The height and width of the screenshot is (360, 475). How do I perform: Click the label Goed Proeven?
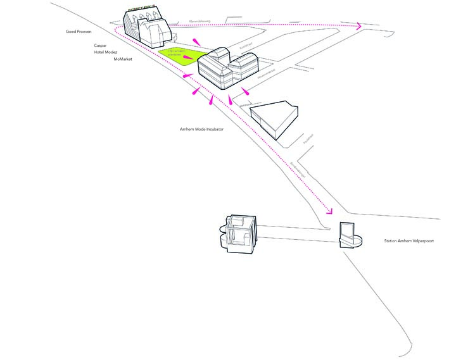point(80,31)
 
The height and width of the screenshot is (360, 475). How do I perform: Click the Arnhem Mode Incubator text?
point(202,129)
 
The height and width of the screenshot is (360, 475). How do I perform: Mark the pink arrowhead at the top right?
point(359,27)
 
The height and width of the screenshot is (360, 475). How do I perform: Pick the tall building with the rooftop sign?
point(146,28)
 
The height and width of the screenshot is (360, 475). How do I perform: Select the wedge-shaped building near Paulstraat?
point(275,117)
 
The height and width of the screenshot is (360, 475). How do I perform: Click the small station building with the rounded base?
point(348,236)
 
